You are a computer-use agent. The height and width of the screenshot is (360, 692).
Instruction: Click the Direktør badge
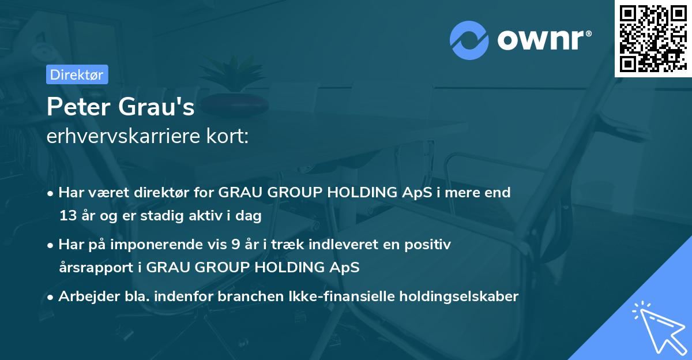tap(76, 74)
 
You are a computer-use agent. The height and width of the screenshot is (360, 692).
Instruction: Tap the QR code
tap(652, 38)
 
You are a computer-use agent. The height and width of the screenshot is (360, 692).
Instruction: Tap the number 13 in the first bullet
tap(68, 216)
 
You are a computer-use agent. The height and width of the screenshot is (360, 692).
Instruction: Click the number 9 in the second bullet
tap(235, 244)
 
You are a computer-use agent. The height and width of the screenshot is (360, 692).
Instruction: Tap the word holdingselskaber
tap(454, 297)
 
